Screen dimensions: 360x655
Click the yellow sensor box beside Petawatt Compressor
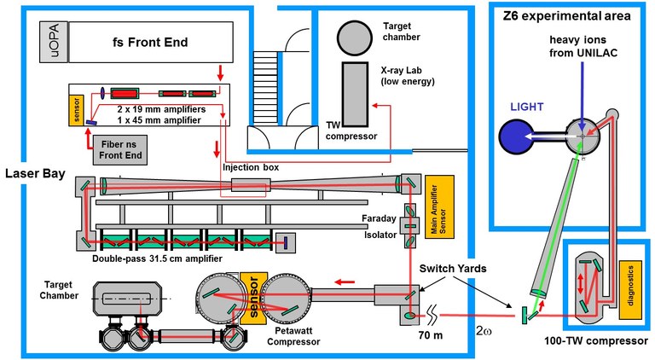[x=252, y=294]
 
